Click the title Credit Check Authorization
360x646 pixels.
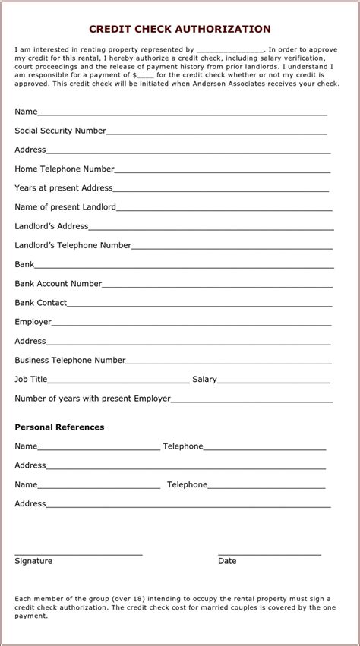180,29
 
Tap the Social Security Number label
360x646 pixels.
60,131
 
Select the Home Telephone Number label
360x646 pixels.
65,169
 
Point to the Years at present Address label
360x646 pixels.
64,187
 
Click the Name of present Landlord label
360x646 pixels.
65,206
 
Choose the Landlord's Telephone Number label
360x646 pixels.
73,245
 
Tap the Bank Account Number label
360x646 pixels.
58,283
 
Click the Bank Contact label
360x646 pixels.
41,302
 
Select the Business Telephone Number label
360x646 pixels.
70,360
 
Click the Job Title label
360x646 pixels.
31,379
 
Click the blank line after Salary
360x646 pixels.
273,381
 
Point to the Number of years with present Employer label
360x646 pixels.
93,398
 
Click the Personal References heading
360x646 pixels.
59,427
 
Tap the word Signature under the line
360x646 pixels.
33,561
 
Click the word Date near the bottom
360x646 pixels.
227,561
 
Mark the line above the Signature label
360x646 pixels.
78,554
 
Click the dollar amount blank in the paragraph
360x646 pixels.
145,76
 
